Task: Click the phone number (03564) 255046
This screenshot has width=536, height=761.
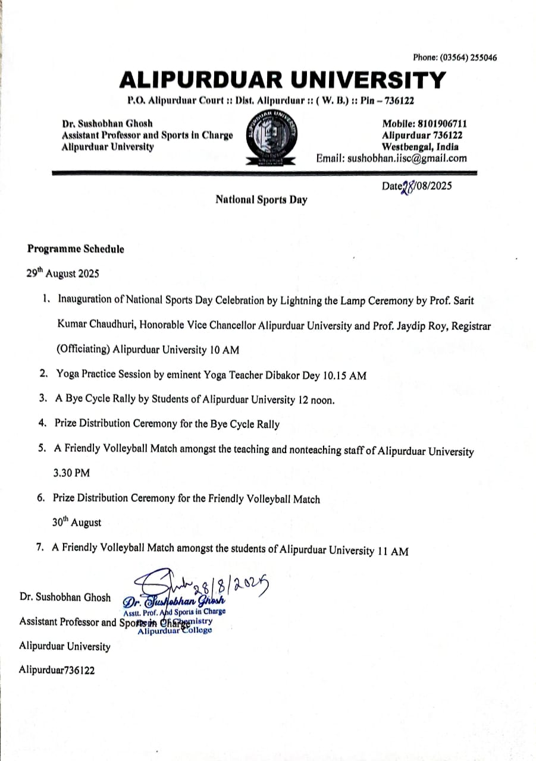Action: click(468, 58)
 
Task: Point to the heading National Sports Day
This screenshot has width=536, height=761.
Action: click(261, 200)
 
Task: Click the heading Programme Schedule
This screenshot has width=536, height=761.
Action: click(76, 250)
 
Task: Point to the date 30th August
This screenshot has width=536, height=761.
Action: click(77, 523)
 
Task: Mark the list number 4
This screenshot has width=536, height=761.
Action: click(43, 423)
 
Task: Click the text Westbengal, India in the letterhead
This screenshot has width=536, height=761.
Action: click(424, 146)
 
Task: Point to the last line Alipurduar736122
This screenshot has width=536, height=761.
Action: click(57, 669)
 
